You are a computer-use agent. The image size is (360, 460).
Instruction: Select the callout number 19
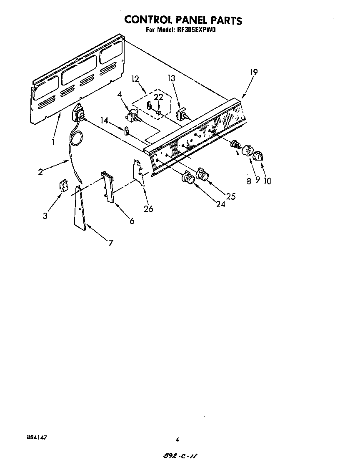pos(254,72)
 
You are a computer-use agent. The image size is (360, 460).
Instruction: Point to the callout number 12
pos(135,79)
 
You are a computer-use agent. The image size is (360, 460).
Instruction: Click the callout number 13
pos(172,78)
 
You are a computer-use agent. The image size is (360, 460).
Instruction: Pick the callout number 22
pos(158,98)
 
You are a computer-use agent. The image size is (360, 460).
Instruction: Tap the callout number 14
pos(104,120)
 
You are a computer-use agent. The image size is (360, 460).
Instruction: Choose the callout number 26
pos(148,209)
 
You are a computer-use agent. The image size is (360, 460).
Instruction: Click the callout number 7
pos(110,243)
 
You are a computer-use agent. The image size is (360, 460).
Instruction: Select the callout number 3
pos(45,216)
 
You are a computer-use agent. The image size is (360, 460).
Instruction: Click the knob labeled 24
pos(187,178)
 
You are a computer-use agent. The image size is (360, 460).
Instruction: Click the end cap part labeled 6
pos(108,187)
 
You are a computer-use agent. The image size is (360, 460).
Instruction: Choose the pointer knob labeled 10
pos(258,156)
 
